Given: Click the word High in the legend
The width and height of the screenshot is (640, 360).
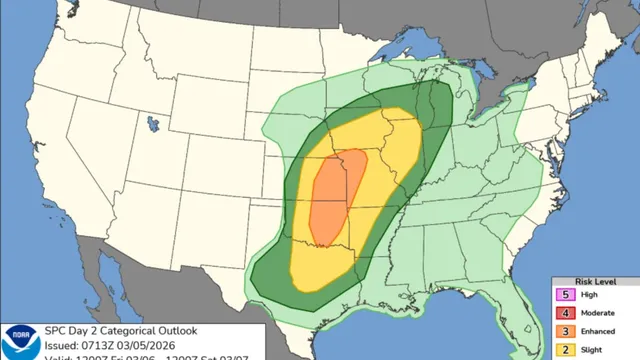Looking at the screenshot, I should click(x=591, y=295).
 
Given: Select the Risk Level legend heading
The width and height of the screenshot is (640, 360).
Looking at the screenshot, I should click(x=595, y=281).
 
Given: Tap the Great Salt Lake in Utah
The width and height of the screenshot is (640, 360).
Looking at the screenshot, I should click(x=152, y=125).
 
